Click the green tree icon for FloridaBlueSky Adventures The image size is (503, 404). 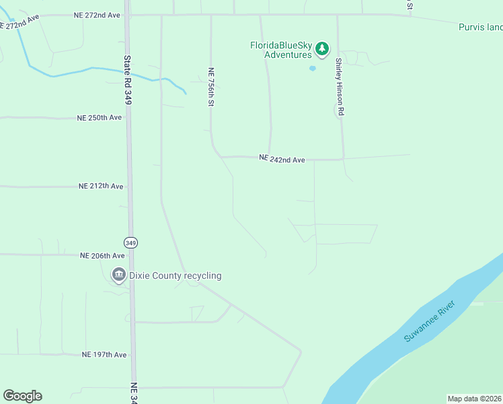pos(323,48)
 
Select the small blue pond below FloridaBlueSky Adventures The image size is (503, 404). pos(312,68)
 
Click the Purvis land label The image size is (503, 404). pos(480,28)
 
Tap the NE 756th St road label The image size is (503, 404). pos(210,86)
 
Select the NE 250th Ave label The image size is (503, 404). pos(100,117)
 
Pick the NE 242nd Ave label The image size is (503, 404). pos(282,160)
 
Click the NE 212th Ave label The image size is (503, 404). pos(101,186)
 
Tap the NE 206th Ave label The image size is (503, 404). pos(102,255)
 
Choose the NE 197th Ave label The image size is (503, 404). pos(104,354)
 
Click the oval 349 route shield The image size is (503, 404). pos(130,242)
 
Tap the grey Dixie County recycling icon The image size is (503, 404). pos(118,275)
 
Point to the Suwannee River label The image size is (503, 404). pos(430,321)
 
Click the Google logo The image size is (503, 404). pos(22,396)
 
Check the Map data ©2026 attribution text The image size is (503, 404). pos(474,399)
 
